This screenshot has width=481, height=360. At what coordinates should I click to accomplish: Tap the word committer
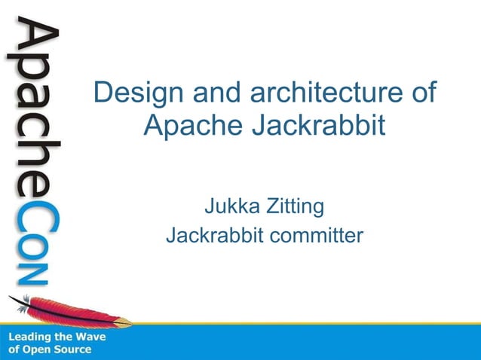coord(317,236)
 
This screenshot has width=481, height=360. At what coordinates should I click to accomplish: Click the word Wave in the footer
coord(92,337)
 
